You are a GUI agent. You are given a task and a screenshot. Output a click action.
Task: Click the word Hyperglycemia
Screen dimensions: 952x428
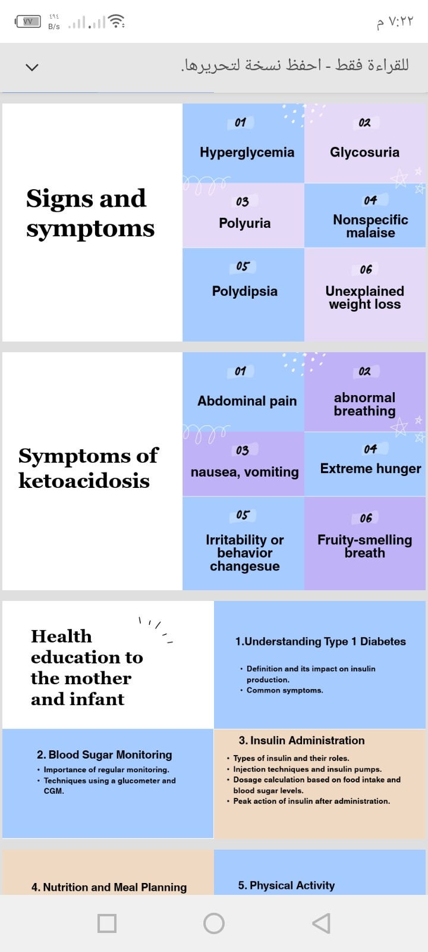(247, 152)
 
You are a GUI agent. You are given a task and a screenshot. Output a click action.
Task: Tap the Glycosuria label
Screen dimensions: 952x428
(364, 152)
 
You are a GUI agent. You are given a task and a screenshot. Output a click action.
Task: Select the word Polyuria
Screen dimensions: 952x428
(244, 223)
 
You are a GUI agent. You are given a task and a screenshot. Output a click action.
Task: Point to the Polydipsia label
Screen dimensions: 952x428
(244, 291)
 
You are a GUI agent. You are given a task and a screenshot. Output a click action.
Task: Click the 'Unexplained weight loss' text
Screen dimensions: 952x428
(364, 297)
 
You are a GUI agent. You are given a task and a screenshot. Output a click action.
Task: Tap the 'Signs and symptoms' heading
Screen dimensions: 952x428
(90, 213)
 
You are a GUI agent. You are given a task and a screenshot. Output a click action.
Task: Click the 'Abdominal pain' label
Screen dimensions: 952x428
(247, 401)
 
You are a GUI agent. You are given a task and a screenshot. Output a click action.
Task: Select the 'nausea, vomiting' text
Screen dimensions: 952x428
(244, 472)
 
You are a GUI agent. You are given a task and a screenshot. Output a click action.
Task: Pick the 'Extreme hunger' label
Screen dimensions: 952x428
(370, 469)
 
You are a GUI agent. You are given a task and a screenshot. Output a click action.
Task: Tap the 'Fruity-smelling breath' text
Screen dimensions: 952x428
(364, 546)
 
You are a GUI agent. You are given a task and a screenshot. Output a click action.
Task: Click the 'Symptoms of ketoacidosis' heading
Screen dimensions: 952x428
(87, 468)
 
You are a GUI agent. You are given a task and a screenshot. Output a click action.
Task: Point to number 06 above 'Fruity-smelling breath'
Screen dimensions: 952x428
(366, 518)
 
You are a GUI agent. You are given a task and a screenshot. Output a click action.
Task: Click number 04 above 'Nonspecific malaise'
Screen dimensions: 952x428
(370, 200)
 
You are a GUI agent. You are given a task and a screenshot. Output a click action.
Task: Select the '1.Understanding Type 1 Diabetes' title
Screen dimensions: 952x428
(320, 641)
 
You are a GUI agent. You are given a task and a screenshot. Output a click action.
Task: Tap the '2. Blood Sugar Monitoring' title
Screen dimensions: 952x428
(104, 754)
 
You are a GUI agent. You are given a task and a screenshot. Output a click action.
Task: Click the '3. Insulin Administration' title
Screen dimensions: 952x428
(301, 740)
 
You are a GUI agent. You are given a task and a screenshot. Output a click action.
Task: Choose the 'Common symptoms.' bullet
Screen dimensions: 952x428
(285, 690)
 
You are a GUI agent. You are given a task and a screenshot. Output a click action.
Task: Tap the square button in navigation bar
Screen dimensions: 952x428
(107, 923)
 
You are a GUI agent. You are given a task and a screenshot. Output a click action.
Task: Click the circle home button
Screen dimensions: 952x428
(214, 923)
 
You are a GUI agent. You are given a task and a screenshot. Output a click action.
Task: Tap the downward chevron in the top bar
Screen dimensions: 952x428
(32, 67)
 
